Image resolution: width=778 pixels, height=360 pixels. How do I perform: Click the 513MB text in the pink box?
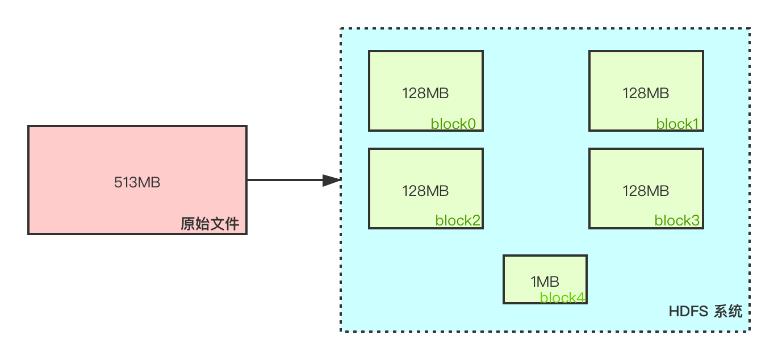(x=137, y=182)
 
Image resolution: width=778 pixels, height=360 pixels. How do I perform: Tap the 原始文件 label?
(x=210, y=224)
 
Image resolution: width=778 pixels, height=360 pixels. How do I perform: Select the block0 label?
(x=453, y=124)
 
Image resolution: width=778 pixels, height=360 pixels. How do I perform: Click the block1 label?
(x=677, y=124)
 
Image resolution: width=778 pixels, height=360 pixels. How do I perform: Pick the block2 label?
(x=458, y=220)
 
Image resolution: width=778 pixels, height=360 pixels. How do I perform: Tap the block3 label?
(x=677, y=220)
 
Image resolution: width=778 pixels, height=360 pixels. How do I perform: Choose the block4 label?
(x=563, y=298)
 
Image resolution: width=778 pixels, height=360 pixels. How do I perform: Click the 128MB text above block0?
(x=425, y=93)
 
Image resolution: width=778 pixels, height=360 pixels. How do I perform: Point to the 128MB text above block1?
(x=646, y=93)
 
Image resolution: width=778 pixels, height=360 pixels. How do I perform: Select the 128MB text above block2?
(x=425, y=191)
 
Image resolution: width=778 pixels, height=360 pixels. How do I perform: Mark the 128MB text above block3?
(x=646, y=191)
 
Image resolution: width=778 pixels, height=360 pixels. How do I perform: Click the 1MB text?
(x=545, y=282)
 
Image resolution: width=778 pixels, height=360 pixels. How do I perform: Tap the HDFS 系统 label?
(x=705, y=311)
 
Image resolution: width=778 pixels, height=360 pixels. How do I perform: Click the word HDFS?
(x=688, y=311)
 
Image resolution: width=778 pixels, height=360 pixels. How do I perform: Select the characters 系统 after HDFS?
(x=728, y=311)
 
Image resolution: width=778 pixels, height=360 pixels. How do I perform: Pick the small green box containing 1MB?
(x=545, y=279)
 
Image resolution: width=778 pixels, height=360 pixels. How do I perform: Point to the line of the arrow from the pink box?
(x=285, y=180)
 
